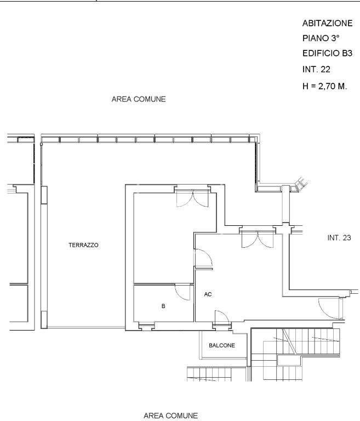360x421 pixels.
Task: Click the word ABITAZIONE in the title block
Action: [x=327, y=24]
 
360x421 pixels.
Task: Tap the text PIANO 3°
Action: [x=321, y=38]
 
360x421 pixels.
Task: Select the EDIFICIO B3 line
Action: [x=327, y=53]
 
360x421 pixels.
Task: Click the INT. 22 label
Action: [x=316, y=70]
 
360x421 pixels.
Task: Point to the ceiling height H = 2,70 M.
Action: [x=324, y=86]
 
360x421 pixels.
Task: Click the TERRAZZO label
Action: [x=83, y=245]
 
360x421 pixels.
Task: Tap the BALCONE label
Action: [x=222, y=345]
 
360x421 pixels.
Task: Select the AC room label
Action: [x=208, y=294]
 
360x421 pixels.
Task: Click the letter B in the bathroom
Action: [x=163, y=306]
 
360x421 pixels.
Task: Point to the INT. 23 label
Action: [x=339, y=238]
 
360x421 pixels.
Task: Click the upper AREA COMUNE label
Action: [x=139, y=99]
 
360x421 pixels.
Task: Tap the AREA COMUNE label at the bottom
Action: [x=171, y=416]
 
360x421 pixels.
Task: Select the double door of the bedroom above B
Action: [x=192, y=198]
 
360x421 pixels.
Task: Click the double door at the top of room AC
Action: [x=258, y=239]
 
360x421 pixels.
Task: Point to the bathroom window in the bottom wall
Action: [x=147, y=326]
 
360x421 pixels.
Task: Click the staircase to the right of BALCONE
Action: [x=295, y=355]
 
